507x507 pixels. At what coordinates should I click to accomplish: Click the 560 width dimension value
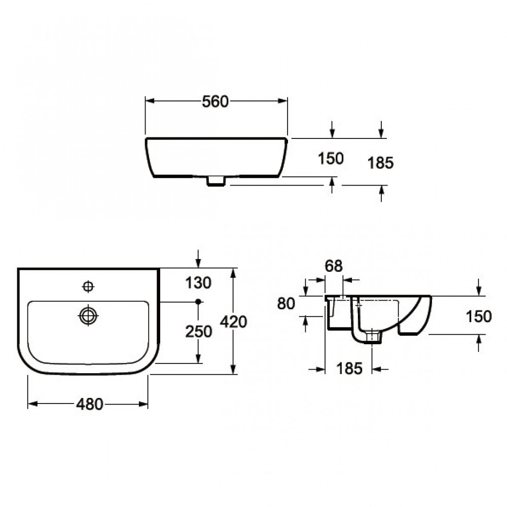tap(215, 101)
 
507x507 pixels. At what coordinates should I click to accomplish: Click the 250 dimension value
tap(198, 332)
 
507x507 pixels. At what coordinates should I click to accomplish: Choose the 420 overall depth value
tap(234, 321)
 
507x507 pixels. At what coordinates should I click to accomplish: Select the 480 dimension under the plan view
tap(89, 404)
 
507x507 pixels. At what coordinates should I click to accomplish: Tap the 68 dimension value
tap(334, 266)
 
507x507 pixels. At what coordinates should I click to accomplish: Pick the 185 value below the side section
tap(349, 369)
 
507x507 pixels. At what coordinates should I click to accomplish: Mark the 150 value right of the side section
tap(479, 316)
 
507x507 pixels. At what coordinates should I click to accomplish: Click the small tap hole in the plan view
tap(89, 287)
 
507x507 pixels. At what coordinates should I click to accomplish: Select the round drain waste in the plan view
tap(88, 315)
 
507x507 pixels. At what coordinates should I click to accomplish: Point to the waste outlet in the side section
tap(373, 336)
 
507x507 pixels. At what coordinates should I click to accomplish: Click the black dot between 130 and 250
tap(198, 302)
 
